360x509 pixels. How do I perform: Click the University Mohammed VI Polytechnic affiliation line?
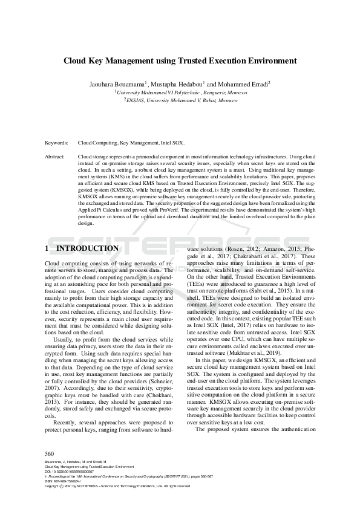181,92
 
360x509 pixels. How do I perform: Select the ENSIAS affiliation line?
181,101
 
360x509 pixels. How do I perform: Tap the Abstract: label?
55,156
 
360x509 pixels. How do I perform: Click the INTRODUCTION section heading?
87,248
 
